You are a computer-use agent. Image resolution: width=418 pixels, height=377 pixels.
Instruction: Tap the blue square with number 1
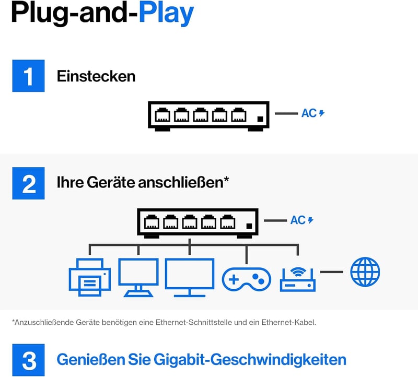(29, 76)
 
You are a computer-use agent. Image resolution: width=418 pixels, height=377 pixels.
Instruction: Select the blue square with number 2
(29, 183)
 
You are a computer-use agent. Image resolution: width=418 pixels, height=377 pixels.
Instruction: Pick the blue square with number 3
(29, 360)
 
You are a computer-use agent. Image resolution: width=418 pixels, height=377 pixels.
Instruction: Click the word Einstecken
(96, 76)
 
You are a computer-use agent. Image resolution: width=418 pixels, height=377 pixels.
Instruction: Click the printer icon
(90, 277)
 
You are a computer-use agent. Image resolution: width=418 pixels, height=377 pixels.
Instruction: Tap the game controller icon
(246, 279)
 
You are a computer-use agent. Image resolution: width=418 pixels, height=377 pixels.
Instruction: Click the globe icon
(365, 272)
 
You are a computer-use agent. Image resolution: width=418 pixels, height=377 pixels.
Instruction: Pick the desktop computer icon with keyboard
(138, 277)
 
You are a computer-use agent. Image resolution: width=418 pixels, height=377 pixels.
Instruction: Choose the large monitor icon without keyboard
(190, 277)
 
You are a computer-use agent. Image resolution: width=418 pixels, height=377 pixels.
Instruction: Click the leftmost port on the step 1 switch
(162, 115)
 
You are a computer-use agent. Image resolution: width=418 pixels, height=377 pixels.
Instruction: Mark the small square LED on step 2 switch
(249, 226)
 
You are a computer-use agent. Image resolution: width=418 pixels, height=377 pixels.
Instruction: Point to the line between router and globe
(332, 272)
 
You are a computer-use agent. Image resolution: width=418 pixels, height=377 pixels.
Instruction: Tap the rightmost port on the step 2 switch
(228, 222)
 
